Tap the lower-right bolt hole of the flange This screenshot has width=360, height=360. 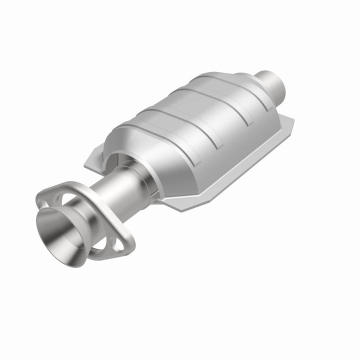tap(119, 244)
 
